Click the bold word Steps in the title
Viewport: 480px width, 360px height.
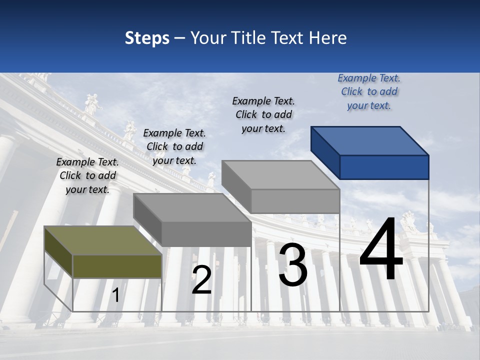[147, 38]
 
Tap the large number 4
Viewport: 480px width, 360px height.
[381, 250]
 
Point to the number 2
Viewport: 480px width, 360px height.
[201, 280]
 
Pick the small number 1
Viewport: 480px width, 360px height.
[115, 295]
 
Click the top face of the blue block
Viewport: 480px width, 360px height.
[370, 140]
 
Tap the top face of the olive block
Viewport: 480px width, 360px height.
[102, 240]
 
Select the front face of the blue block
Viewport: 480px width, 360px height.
[384, 167]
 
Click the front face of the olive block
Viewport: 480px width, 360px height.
[117, 266]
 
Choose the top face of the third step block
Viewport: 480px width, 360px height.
[280, 175]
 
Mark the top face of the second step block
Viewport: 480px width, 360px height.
[192, 207]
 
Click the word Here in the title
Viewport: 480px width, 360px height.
[328, 38]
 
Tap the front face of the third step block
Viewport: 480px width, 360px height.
[295, 201]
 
